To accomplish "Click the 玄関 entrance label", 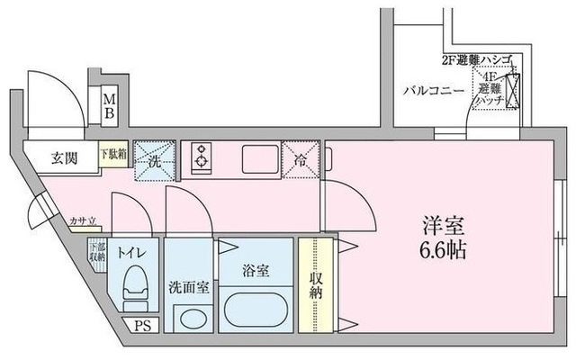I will (x=63, y=158).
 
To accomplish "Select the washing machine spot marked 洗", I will (x=154, y=160).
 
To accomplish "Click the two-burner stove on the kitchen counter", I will (x=199, y=157).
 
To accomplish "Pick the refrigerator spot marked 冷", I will (x=301, y=160).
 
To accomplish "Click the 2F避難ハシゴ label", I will (x=476, y=60).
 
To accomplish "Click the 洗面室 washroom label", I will (x=189, y=288).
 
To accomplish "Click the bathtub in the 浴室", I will (x=255, y=311).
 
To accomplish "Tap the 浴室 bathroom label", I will (x=256, y=269).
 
